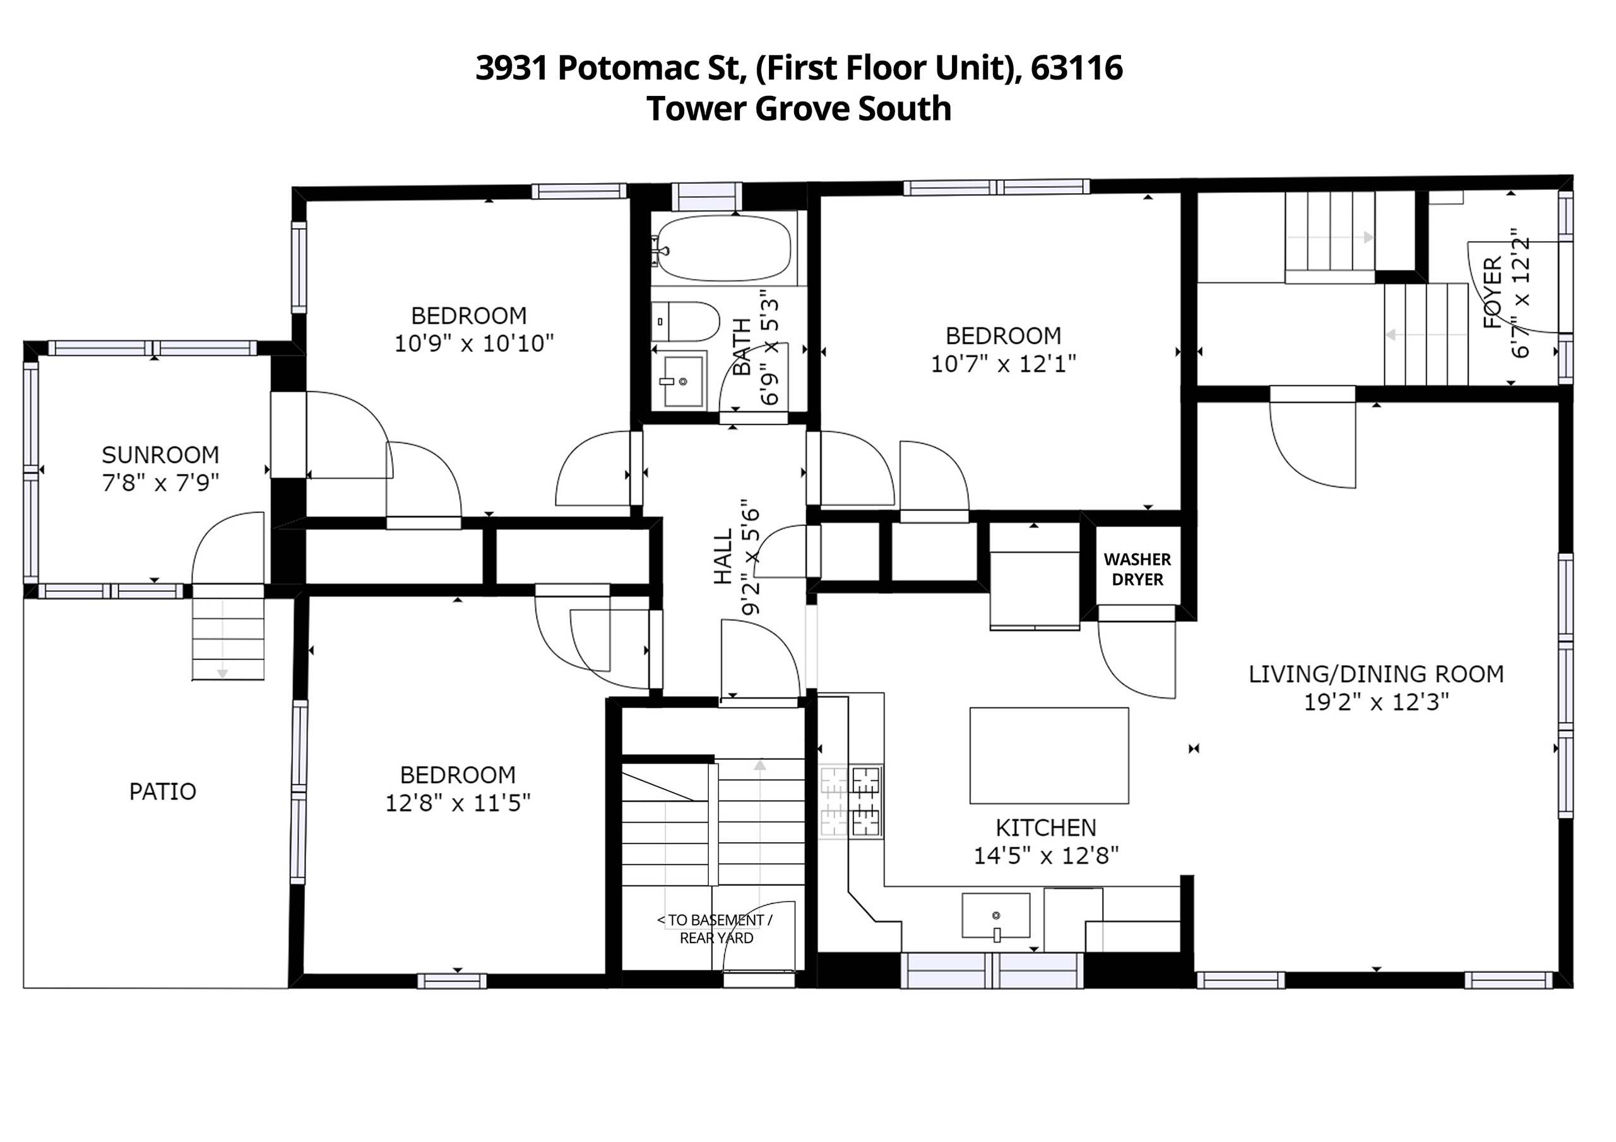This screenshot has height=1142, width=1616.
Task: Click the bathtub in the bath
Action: (725, 249)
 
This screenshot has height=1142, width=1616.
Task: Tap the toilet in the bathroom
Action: (685, 322)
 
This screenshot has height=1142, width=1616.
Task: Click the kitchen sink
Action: (996, 915)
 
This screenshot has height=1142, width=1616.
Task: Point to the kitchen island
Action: (1049, 755)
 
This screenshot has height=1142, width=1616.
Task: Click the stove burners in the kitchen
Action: (850, 801)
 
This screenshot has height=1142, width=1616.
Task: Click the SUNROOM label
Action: (160, 456)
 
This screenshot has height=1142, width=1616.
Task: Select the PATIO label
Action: (163, 792)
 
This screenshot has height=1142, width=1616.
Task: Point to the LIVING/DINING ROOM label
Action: (1376, 674)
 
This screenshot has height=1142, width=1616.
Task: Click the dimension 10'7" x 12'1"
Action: (1004, 364)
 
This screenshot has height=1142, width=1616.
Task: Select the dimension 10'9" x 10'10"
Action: (473, 343)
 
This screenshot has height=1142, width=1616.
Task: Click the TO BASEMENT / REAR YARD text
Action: (716, 929)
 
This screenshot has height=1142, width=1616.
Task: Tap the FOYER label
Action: (1492, 293)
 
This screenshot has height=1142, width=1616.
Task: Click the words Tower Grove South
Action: (799, 109)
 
